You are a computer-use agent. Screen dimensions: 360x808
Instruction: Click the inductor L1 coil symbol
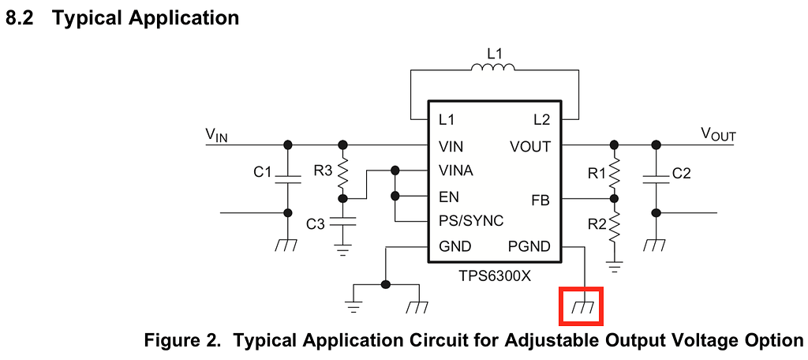click(x=493, y=69)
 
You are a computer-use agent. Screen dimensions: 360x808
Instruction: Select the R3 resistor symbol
click(x=342, y=171)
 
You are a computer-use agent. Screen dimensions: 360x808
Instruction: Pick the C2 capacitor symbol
click(x=655, y=178)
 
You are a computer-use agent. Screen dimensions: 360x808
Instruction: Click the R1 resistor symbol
click(x=614, y=172)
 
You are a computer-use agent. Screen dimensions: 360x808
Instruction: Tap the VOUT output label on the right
click(x=718, y=134)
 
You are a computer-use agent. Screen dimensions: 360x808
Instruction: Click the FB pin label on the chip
click(x=541, y=200)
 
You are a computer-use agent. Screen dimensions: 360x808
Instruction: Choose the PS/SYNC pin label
click(x=471, y=221)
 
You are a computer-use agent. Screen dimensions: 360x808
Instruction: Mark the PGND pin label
click(x=530, y=246)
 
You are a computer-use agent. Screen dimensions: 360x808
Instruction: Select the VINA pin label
click(x=456, y=171)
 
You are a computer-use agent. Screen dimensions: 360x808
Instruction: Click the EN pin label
click(x=449, y=197)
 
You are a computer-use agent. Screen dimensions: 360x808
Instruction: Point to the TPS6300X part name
click(x=494, y=276)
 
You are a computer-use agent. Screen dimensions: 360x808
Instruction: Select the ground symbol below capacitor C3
click(x=342, y=250)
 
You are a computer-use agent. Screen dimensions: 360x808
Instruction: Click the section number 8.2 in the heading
click(x=21, y=17)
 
